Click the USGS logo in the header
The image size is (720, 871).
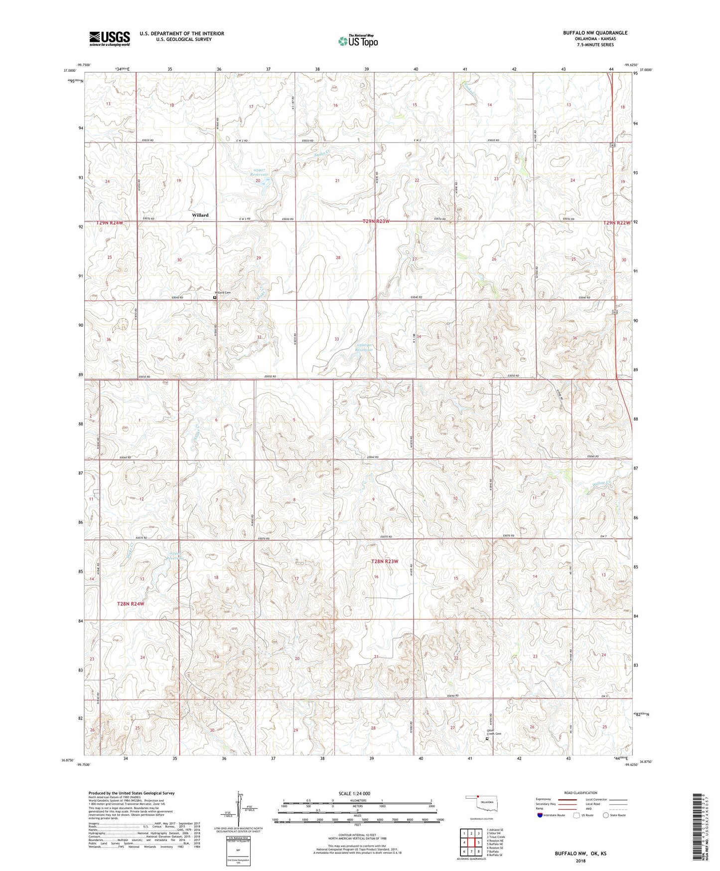[x=110, y=38]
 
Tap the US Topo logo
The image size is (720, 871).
[x=357, y=41]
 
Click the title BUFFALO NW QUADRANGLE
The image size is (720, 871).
[x=595, y=33]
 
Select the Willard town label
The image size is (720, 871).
[x=200, y=215]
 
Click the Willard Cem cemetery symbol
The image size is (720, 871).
[x=215, y=297]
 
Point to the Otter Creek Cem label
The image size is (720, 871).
[x=493, y=733]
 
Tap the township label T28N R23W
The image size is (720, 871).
[x=385, y=562]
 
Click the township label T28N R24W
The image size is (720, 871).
[x=131, y=604]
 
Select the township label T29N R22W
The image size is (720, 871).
[x=617, y=222]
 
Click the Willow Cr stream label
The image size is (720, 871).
[x=601, y=483]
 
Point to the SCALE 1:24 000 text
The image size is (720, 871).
[x=354, y=794]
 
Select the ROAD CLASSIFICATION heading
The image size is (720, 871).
[x=580, y=793]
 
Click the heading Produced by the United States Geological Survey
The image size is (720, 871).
[x=132, y=793]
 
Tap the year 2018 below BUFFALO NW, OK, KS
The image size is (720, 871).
[x=580, y=861]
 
